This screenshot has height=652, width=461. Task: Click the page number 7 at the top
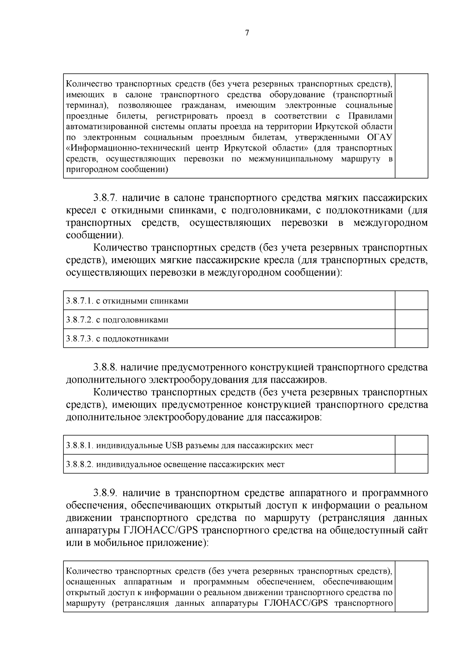(x=247, y=33)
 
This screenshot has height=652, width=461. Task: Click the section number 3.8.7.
(x=107, y=198)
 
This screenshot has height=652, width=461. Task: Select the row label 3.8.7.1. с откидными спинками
(x=127, y=301)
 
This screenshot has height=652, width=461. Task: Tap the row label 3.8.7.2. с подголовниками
(x=117, y=320)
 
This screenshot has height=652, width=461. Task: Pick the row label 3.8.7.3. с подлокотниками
(x=117, y=339)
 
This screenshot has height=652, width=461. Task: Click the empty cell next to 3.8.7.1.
(x=411, y=300)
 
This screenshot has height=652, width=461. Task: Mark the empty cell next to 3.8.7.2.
(x=411, y=319)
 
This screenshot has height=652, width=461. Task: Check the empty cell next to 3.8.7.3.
(x=411, y=338)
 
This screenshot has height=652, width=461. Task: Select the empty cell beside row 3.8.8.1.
(x=411, y=445)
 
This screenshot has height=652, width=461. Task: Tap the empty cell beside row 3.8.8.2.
(x=411, y=464)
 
